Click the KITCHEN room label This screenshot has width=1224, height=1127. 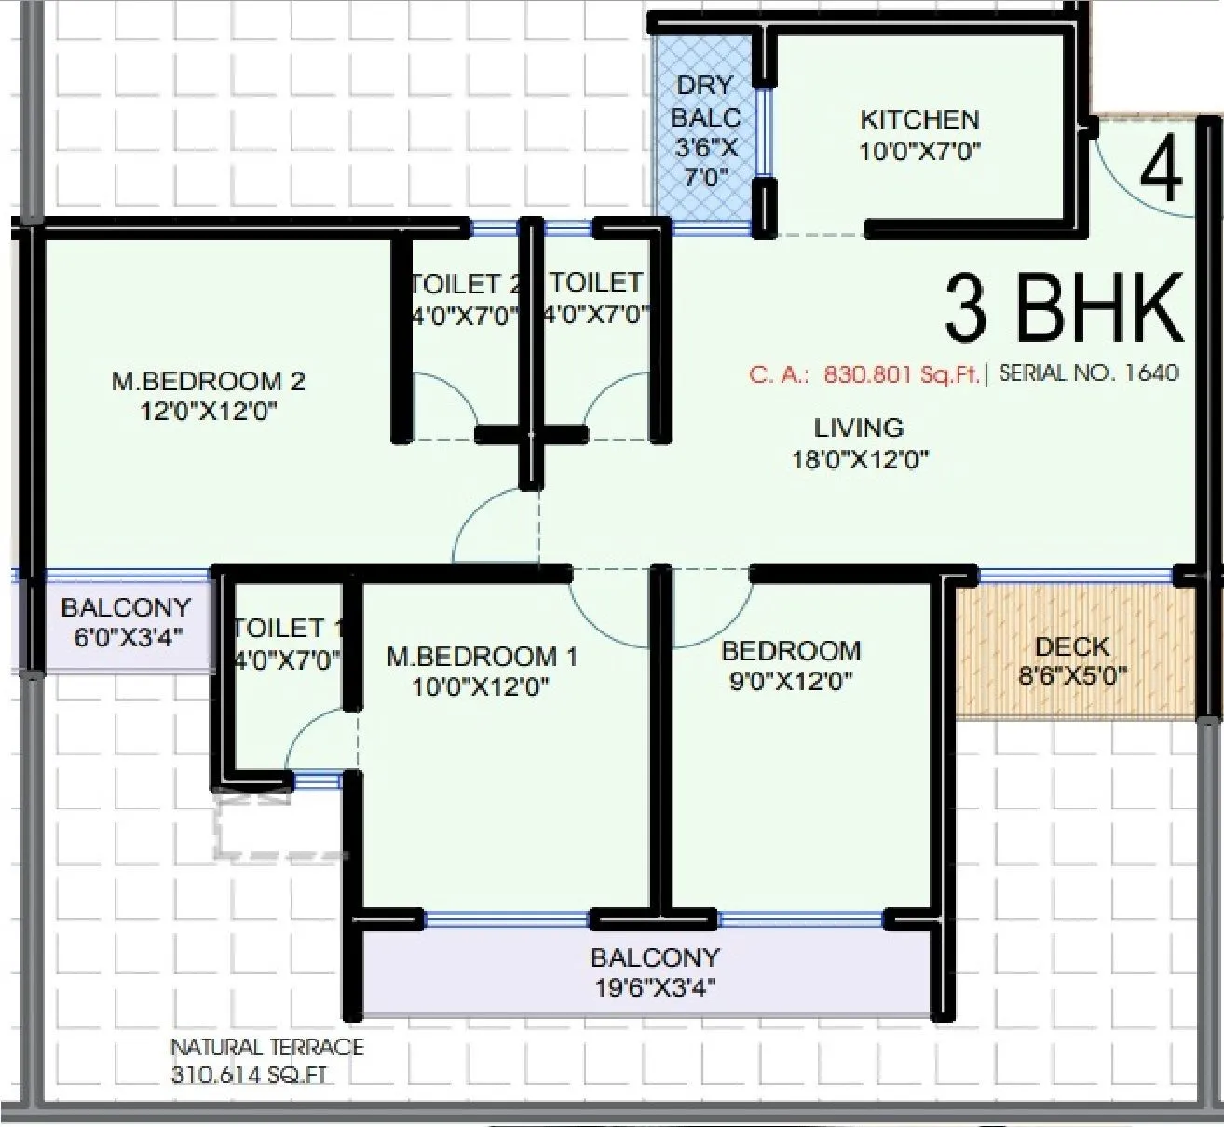[918, 120]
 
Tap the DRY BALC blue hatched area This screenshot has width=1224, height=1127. [705, 130]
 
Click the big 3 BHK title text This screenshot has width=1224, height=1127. [1063, 308]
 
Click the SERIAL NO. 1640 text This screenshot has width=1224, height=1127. [1088, 373]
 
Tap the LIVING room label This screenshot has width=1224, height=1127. [858, 428]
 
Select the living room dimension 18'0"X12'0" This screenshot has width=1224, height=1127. [859, 459]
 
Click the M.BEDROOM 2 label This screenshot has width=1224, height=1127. [208, 381]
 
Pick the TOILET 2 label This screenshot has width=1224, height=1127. [463, 283]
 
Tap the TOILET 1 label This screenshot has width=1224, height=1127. [283, 628]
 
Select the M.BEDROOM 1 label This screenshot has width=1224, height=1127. [482, 657]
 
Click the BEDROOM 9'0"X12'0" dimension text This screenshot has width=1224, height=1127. [790, 681]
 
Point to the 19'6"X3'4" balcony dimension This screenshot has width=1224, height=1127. [655, 987]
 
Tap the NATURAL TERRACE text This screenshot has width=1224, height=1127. [266, 1047]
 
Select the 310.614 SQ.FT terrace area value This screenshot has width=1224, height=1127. [250, 1075]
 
